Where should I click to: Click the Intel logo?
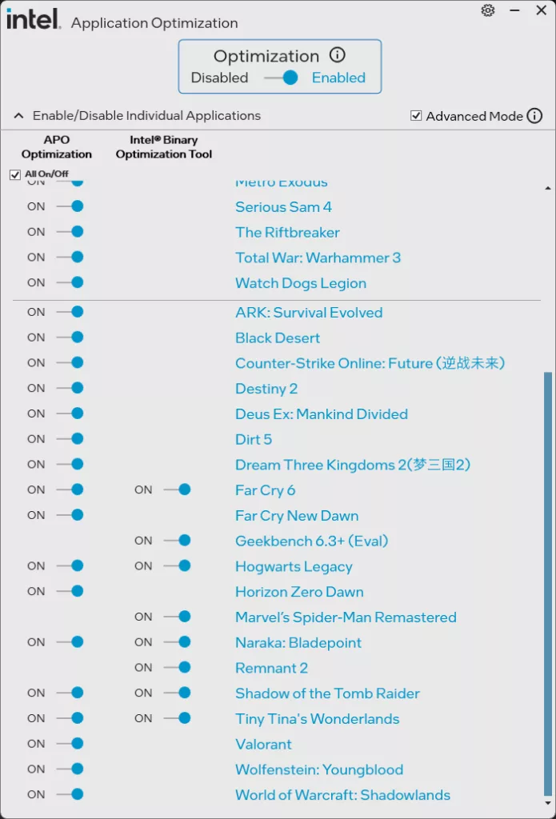click(x=34, y=19)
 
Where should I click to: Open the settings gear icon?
click(x=488, y=10)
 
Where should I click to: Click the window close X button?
click(x=540, y=10)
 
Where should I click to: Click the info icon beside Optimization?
click(x=338, y=55)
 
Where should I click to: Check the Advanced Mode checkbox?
click(x=416, y=116)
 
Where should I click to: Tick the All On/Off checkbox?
click(x=15, y=174)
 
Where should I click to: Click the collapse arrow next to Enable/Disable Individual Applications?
click(x=18, y=116)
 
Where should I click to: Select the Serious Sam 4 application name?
click(x=283, y=207)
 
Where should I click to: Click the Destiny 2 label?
click(x=266, y=389)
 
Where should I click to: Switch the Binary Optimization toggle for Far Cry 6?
click(x=178, y=489)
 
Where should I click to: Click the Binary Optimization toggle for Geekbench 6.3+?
click(x=178, y=541)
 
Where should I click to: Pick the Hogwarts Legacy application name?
click(x=294, y=566)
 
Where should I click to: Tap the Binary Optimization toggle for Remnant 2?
click(x=178, y=667)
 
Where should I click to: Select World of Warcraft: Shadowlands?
click(x=342, y=795)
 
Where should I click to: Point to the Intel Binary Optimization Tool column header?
click(x=164, y=147)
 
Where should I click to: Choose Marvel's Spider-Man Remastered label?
click(x=346, y=617)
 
